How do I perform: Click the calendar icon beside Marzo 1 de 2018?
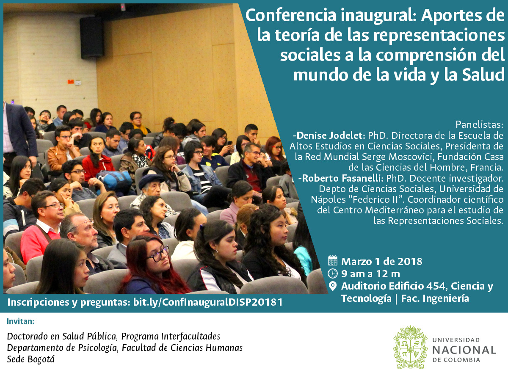click(x=333, y=261)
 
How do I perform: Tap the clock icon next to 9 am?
click(x=333, y=273)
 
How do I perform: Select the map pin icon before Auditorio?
click(x=333, y=287)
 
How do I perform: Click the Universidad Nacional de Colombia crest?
click(x=410, y=347)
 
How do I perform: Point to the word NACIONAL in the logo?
click(x=464, y=350)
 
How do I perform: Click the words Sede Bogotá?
click(x=31, y=359)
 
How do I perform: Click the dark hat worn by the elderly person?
click(x=151, y=181)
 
